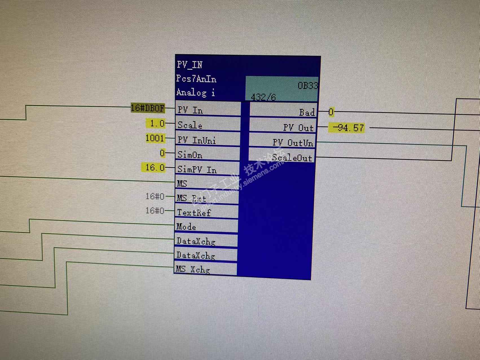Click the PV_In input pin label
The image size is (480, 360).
point(190,110)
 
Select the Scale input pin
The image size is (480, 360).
point(190,125)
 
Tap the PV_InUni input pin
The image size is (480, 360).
point(197,140)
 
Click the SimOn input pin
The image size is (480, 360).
point(190,155)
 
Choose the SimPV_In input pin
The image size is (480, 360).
point(197,169)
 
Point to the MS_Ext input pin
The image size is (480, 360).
point(191,198)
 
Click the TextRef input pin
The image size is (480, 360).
point(194,212)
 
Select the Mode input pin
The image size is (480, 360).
point(186,227)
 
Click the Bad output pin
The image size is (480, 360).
point(307,113)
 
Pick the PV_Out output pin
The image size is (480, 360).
point(298,128)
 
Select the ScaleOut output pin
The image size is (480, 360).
point(292,158)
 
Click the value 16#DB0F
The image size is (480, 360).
point(148,108)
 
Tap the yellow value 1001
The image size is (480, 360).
point(155,138)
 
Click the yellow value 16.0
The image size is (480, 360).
point(154,168)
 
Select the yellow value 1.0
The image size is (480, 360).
point(157,123)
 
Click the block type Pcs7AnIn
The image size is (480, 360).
point(196,79)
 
